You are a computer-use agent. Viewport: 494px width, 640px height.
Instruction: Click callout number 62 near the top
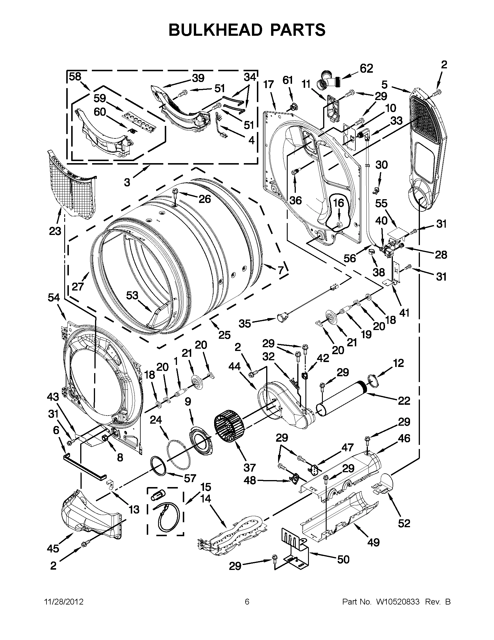tap(366, 69)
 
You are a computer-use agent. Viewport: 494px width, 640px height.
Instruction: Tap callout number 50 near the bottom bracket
tap(343, 560)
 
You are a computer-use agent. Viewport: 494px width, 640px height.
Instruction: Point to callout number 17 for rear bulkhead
tap(268, 85)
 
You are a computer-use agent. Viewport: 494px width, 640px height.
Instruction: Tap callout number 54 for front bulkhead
tap(54, 298)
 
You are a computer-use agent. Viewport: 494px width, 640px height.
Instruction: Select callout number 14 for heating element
tap(206, 499)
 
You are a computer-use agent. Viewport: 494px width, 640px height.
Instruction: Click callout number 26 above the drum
tap(205, 199)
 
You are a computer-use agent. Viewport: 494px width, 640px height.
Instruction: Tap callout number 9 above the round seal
tap(188, 402)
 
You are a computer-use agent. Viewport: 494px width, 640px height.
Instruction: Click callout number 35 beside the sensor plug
tap(245, 324)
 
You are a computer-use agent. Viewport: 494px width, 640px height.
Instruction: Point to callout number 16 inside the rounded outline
tap(339, 203)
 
